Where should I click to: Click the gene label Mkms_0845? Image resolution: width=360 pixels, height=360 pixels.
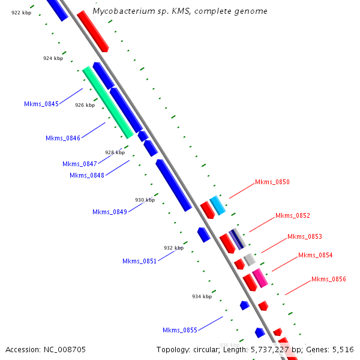(x=41, y=104)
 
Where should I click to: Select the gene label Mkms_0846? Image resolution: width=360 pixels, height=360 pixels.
(x=63, y=138)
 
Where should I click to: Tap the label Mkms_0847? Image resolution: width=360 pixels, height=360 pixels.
(x=80, y=164)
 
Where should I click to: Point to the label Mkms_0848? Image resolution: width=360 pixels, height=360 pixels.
(x=87, y=175)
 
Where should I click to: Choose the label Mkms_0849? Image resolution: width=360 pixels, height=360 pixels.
(x=110, y=212)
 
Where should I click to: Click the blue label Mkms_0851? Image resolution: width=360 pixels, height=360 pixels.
(x=140, y=261)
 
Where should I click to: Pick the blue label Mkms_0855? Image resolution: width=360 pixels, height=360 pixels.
(x=180, y=330)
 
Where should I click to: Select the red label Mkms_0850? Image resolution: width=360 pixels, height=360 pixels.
(x=272, y=182)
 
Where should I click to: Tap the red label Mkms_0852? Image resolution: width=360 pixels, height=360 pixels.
(x=293, y=215)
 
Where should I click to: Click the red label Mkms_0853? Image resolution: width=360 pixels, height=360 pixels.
(x=305, y=236)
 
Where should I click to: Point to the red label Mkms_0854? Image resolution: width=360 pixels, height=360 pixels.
(x=316, y=255)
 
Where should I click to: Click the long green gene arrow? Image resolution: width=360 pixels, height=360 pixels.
(x=108, y=102)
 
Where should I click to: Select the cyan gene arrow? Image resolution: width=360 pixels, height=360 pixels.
(x=217, y=205)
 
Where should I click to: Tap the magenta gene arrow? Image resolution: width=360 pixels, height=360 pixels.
(x=259, y=278)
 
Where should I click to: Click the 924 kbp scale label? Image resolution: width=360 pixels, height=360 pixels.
(x=53, y=58)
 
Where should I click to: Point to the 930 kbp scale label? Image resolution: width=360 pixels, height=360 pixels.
(x=145, y=200)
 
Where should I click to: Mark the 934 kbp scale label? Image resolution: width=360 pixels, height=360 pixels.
(x=202, y=296)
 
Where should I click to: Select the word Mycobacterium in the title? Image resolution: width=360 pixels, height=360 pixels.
(x=120, y=11)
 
